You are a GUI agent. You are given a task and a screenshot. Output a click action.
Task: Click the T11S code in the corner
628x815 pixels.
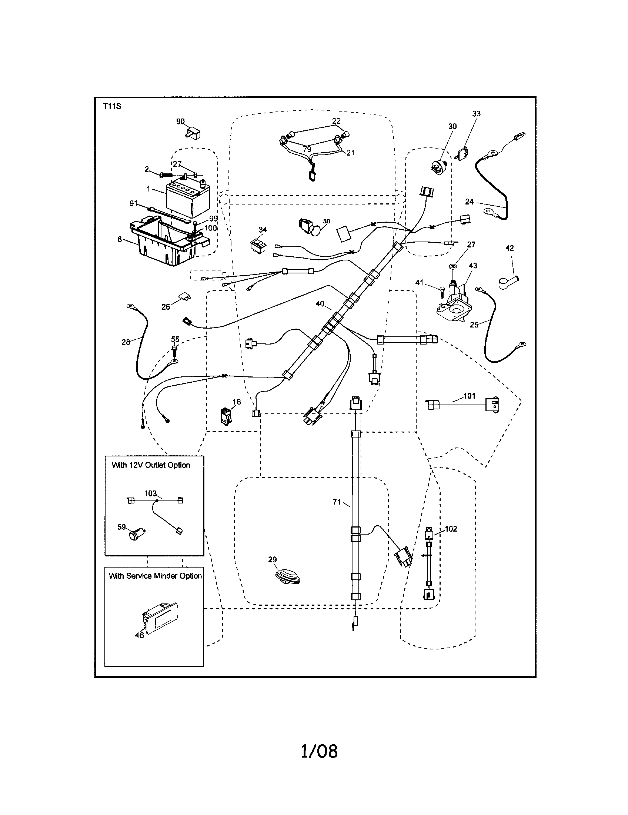coord(112,106)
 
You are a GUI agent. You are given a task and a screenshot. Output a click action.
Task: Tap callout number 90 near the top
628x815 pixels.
coord(180,122)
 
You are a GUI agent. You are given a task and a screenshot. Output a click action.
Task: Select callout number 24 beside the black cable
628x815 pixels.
coord(469,202)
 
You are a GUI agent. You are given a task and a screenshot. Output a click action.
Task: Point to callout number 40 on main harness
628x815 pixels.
coord(320,304)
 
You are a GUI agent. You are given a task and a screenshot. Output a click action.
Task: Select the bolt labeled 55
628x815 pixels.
coord(174,349)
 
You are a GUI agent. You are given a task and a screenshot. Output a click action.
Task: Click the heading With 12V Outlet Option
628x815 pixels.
coord(151,465)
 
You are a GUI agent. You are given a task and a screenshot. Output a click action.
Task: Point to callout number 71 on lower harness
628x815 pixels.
coord(336,502)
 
